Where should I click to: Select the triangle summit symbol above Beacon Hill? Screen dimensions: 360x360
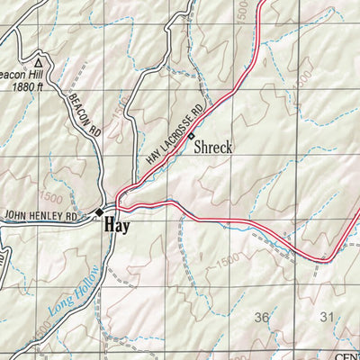[x=39, y=62]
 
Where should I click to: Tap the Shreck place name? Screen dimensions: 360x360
[x=213, y=146]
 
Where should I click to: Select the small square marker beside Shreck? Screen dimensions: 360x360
[x=191, y=137]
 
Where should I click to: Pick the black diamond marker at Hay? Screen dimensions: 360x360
[x=100, y=212]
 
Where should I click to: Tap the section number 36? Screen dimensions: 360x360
[x=262, y=317]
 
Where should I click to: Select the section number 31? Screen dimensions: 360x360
[x=327, y=317]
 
